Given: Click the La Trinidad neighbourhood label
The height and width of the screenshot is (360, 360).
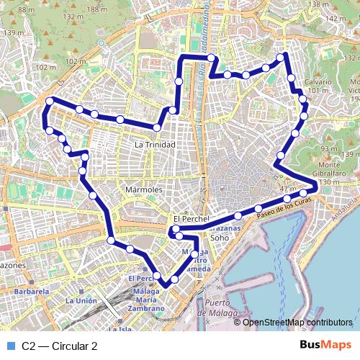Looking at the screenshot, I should coord(155,145).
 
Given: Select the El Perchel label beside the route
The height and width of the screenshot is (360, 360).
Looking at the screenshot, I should coord(190,218).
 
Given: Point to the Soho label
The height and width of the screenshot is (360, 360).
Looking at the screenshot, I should coord(220,235).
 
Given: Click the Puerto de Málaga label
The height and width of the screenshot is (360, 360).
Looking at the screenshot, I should coord(225,307).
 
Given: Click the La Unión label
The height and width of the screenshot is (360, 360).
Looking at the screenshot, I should coord(81,300).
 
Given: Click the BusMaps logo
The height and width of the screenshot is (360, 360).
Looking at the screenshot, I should coord(325,346).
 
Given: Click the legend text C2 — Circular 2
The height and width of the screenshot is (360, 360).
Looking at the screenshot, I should coord(60,346).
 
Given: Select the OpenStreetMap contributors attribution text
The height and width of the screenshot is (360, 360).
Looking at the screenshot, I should coord(297,323).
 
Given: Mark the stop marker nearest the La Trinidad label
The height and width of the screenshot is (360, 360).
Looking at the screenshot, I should coord(156,128).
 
